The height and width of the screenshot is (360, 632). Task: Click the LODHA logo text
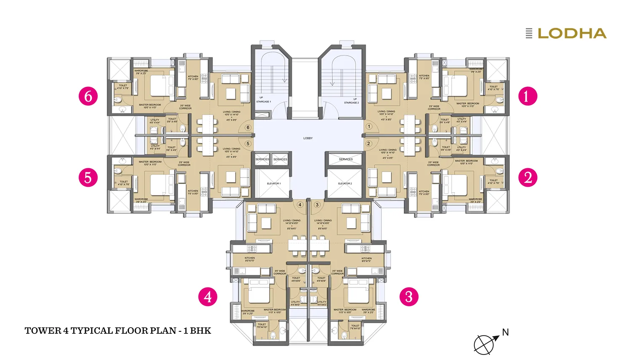pyautogui.click(x=572, y=34)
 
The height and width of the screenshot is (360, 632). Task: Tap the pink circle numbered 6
pyautogui.click(x=88, y=96)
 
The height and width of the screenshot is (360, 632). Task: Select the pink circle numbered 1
pyautogui.click(x=528, y=96)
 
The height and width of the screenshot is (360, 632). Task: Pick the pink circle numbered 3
pyautogui.click(x=409, y=297)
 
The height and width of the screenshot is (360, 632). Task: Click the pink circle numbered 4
pyautogui.click(x=208, y=297)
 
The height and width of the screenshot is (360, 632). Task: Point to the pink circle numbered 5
pyautogui.click(x=88, y=177)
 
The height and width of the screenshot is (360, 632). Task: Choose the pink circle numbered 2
pyautogui.click(x=528, y=177)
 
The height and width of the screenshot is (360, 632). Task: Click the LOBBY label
pyautogui.click(x=308, y=138)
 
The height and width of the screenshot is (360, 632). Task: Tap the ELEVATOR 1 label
pyautogui.click(x=273, y=184)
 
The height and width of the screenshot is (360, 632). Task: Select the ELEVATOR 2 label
pyautogui.click(x=345, y=184)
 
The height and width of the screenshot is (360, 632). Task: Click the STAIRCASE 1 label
pyautogui.click(x=264, y=102)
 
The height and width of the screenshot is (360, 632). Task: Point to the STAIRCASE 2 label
pyautogui.click(x=351, y=102)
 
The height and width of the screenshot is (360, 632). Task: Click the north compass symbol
pyautogui.click(x=484, y=344)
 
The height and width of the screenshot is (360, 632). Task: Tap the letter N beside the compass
pyautogui.click(x=505, y=333)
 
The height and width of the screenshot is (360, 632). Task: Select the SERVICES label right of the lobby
pyautogui.click(x=345, y=159)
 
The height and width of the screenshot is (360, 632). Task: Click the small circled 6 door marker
pyautogui.click(x=248, y=127)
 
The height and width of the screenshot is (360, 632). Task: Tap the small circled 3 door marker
pyautogui.click(x=317, y=205)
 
